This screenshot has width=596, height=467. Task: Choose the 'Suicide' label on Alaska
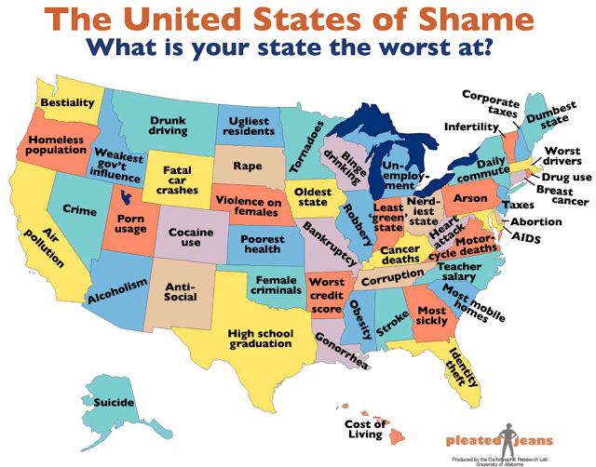click(113, 402)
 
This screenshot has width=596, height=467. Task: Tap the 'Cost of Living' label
click(364, 429)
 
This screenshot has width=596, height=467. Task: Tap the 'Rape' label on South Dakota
click(247, 167)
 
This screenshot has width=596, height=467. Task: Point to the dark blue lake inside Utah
click(127, 198)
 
